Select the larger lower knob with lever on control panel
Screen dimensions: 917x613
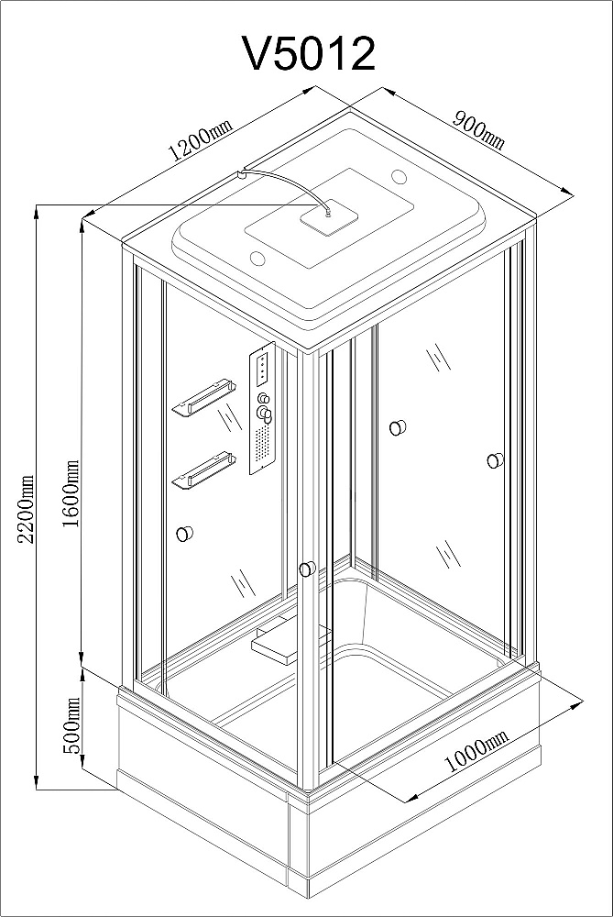(267, 417)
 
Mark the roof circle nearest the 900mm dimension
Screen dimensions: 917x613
(400, 177)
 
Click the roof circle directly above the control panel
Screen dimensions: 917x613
(256, 257)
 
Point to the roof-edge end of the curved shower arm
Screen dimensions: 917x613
(240, 171)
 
